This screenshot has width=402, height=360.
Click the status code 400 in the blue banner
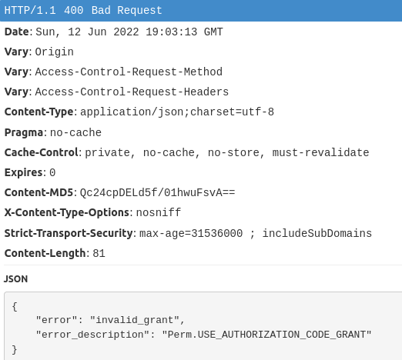(74, 11)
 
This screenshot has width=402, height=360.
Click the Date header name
(17, 32)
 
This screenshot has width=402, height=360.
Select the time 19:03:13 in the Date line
(172, 32)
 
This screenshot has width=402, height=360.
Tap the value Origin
(55, 52)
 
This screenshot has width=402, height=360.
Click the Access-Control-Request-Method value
(129, 72)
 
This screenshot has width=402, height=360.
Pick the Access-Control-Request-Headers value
(132, 92)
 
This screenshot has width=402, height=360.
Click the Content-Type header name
(39, 112)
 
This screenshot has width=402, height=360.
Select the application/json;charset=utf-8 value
(177, 112)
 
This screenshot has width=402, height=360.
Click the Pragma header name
(24, 132)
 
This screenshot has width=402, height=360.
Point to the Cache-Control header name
(42, 152)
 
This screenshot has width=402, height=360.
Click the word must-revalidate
(320, 152)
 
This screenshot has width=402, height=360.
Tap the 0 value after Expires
(52, 172)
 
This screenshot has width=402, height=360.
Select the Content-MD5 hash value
(158, 192)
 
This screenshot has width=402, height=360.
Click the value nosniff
(159, 212)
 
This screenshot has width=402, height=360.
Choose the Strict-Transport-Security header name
(69, 233)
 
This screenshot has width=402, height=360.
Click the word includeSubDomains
(317, 233)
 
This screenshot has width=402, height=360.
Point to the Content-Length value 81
(99, 253)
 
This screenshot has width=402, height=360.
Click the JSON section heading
(15, 279)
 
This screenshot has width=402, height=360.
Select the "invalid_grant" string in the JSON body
(135, 320)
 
